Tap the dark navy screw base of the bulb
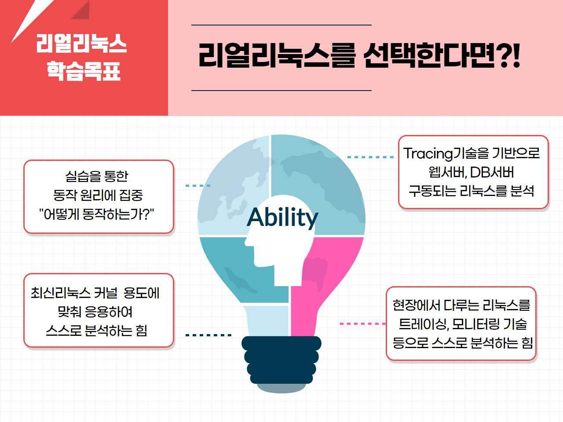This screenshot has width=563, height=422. [281, 360]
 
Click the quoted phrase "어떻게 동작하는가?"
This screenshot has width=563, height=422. [96, 214]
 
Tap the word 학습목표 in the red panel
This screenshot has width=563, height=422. [83, 71]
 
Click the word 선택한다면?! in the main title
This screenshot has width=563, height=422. [441, 55]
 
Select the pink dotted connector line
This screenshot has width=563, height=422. [363, 324]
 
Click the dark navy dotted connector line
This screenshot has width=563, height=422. [208, 335]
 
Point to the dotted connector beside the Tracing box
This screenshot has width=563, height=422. [370, 157]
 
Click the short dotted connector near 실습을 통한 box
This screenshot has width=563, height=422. [198, 186]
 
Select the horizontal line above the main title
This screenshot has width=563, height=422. [281, 25]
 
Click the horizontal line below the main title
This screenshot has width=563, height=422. [281, 91]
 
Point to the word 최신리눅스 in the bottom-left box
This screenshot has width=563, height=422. [60, 293]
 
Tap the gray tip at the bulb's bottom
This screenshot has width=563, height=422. [281, 388]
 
